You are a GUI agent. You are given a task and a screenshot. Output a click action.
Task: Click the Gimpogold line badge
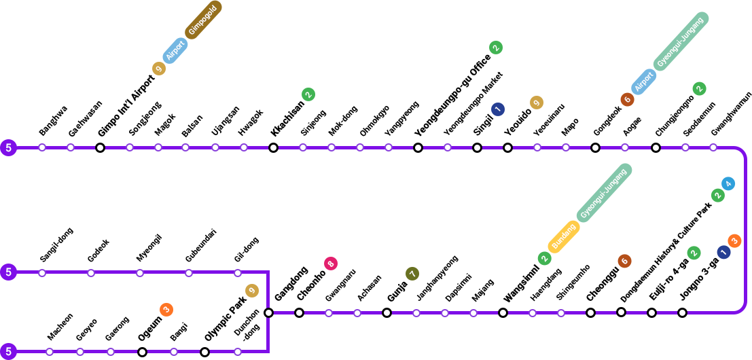203,20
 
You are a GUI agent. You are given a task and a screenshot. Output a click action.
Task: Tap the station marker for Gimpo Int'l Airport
100,147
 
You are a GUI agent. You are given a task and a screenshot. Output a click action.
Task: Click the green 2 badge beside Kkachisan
308,94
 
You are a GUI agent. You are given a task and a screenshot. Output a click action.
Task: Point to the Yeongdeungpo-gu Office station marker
418,147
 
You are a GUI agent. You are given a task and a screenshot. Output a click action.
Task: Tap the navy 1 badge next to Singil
498,109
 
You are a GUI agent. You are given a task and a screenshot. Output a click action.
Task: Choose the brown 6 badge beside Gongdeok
627,99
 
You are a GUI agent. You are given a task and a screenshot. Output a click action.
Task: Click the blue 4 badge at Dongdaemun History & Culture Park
728,183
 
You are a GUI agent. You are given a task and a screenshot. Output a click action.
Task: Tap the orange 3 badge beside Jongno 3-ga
734,240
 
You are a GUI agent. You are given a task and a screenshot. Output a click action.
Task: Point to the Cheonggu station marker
591,312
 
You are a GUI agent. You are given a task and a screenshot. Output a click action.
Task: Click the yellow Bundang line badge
563,238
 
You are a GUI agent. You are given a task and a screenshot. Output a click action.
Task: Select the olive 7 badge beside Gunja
412,274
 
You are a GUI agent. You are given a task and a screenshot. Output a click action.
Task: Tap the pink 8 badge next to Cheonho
331,264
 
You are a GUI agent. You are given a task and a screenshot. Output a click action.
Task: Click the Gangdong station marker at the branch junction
268,312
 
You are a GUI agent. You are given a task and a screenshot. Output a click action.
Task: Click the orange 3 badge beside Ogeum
166,310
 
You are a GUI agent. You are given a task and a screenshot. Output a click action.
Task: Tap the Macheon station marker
50,352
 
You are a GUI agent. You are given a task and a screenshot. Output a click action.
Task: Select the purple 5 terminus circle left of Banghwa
8,147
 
